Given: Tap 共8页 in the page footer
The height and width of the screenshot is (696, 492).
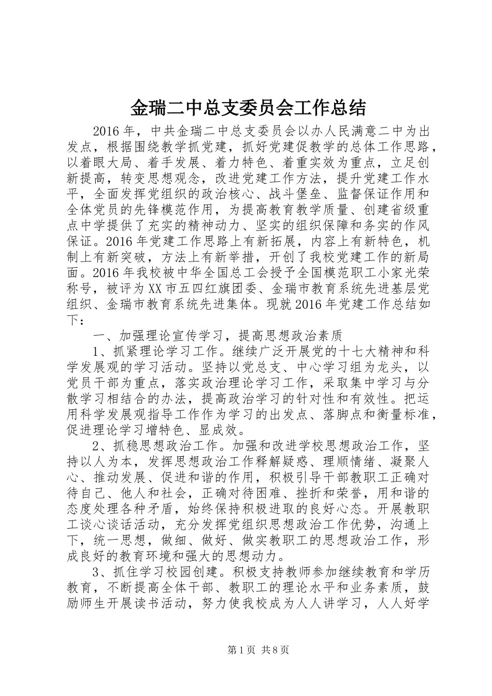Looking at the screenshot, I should coord(274,650).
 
